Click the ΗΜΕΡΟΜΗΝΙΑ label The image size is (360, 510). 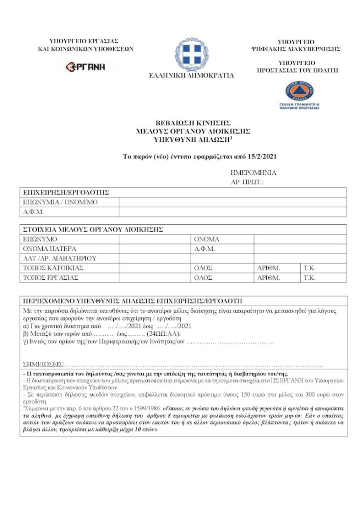click(253, 173)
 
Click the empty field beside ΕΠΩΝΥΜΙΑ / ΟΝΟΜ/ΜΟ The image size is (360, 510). click(232, 202)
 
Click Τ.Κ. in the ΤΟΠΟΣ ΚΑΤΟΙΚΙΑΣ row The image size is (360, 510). click(309, 268)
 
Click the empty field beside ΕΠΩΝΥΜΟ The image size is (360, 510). click(154, 239)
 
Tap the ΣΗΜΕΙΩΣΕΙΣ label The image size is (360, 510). click(44, 364)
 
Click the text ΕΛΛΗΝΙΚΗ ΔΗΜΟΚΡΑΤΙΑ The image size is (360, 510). click(191, 76)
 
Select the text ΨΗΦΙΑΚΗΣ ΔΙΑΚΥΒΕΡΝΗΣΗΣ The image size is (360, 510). click(296, 49)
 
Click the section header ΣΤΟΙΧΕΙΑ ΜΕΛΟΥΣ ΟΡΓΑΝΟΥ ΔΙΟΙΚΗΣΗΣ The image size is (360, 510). click(93, 229)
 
